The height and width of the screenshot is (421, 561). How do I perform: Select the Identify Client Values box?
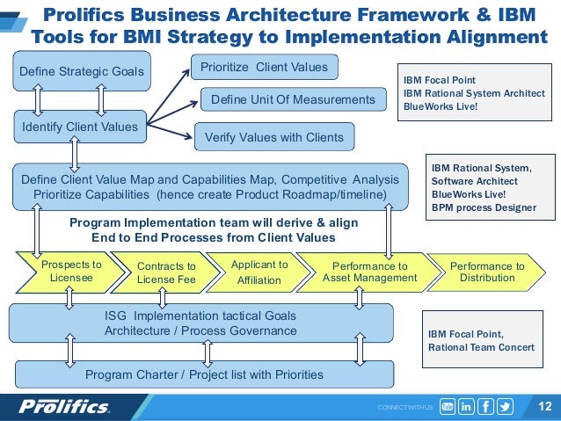[79, 127]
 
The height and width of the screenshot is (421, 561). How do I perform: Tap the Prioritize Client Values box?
[265, 67]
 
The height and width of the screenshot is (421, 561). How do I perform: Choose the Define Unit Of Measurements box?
[293, 100]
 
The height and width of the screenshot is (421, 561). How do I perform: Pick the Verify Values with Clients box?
[273, 138]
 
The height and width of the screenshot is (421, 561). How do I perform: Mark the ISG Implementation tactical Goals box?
[200, 323]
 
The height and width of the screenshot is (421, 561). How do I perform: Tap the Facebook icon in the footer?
[485, 406]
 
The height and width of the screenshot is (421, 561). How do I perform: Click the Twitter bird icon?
[506, 406]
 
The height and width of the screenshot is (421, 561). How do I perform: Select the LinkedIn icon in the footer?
[466, 406]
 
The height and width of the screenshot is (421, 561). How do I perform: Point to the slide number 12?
[543, 406]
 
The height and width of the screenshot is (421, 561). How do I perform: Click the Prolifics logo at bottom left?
[65, 406]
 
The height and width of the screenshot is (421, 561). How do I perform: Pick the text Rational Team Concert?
[481, 347]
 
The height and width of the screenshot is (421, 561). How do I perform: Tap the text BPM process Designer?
[483, 207]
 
